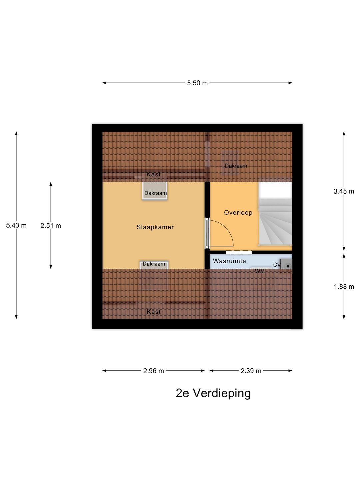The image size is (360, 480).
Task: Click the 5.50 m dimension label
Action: tap(197, 83)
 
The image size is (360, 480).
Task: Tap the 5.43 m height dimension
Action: tap(16, 225)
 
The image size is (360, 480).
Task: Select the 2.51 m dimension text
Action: tap(51, 226)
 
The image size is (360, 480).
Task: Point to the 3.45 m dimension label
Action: tap(344, 191)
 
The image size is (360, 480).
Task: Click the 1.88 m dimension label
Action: tap(344, 287)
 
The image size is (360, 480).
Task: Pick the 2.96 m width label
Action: tap(153, 371)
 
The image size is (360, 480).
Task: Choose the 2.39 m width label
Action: tap(251, 371)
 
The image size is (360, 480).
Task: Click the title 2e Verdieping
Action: tap(213, 393)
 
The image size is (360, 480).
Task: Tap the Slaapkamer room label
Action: tap(155, 227)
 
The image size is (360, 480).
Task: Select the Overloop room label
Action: tap(238, 213)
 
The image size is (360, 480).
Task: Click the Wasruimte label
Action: tap(229, 261)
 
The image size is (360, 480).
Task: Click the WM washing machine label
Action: tap(260, 271)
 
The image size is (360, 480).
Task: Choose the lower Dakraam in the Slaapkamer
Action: tap(154, 265)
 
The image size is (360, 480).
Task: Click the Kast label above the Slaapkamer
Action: tap(153, 174)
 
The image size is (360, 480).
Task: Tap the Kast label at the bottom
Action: tap(154, 312)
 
